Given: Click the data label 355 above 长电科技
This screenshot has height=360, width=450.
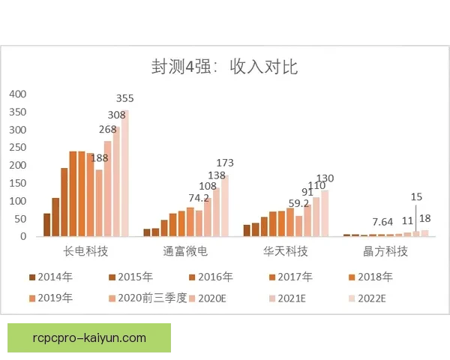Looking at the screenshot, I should (125, 99).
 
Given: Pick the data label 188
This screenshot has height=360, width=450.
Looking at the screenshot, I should (99, 157).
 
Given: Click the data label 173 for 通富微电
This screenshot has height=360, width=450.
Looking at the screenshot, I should (226, 163).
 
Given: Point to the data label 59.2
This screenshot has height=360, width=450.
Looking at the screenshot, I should (299, 202).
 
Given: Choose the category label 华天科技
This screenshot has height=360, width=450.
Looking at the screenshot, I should (286, 250).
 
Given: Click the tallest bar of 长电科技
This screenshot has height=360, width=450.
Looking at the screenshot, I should (124, 173).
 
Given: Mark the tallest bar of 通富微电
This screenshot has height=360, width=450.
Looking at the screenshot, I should (225, 205).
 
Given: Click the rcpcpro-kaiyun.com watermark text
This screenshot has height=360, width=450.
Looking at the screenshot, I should (89, 337).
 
